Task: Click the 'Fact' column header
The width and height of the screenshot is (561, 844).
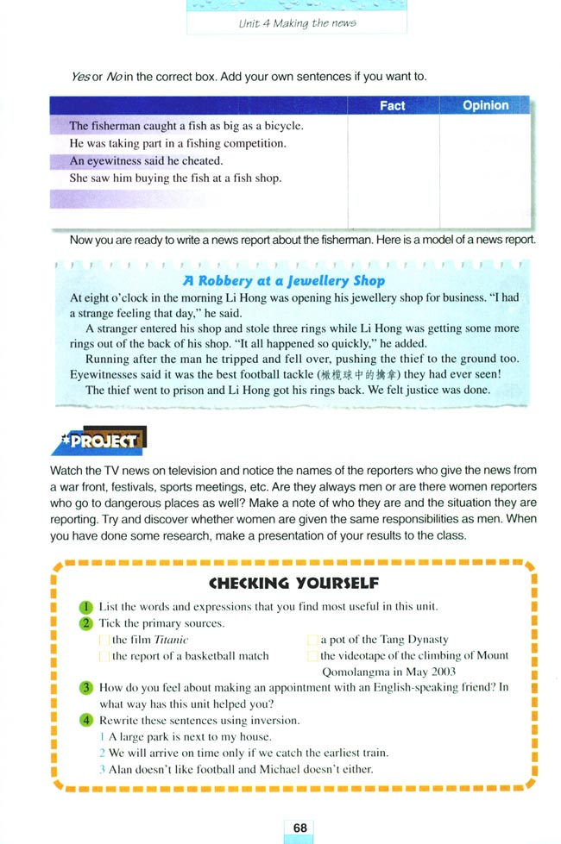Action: pos(392,105)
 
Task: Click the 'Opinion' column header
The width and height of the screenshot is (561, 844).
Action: pos(485,105)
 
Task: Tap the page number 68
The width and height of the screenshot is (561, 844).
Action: pos(299,828)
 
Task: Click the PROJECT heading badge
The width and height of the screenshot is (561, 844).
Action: pos(98,441)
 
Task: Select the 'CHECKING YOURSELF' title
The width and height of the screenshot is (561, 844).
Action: pos(293,583)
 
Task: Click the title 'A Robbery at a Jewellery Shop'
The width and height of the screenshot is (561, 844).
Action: pos(284,280)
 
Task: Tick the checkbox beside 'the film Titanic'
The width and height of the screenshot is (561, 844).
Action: pos(104,640)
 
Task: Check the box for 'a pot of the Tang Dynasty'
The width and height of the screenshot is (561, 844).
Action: pos(312,640)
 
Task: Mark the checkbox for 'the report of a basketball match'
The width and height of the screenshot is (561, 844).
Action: pos(104,656)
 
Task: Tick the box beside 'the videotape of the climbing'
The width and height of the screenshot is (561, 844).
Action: pos(312,656)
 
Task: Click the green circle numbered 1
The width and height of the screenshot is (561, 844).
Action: pos(86,606)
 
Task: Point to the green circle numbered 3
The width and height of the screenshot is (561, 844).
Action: pos(86,688)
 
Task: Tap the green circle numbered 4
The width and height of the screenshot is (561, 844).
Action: pos(86,721)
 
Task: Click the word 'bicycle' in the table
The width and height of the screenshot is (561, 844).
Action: pos(283,126)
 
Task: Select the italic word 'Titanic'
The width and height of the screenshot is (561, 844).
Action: pos(171,640)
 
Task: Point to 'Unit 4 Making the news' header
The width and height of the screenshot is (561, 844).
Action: pos(297,23)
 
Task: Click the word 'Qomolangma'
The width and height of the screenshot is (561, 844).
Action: pos(357,672)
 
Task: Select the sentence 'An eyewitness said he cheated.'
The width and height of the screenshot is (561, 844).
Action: pos(146,160)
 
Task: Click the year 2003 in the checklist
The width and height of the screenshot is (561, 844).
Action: pos(440,672)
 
